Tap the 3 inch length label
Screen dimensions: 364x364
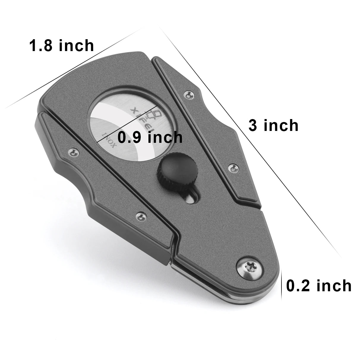point(273,125)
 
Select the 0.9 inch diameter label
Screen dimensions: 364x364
point(150,137)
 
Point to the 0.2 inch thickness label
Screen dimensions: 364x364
point(319,286)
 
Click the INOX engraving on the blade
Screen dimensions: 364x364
point(109,139)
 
